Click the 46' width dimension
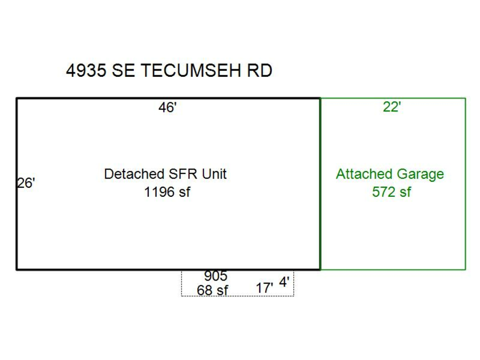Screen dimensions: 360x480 click(x=167, y=108)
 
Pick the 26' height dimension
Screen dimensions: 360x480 click(x=26, y=183)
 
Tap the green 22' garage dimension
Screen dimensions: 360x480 click(x=392, y=107)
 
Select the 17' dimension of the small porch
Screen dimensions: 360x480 click(x=265, y=288)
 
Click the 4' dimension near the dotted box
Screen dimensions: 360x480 click(x=285, y=283)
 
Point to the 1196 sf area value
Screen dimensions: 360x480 click(x=167, y=192)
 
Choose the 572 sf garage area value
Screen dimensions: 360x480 click(x=391, y=192)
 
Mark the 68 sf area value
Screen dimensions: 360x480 click(x=212, y=291)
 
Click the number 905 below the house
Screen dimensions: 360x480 click(x=215, y=276)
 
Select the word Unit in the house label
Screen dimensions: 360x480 click(x=214, y=174)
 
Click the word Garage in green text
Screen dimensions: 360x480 click(x=420, y=174)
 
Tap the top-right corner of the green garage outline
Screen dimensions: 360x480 click(x=466, y=98)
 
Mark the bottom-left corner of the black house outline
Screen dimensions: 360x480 click(x=17, y=269)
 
